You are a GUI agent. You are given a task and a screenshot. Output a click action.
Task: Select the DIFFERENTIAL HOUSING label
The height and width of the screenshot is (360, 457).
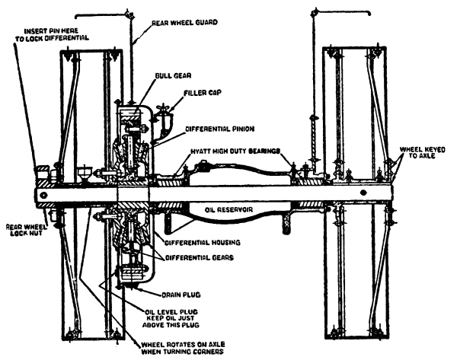202,243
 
